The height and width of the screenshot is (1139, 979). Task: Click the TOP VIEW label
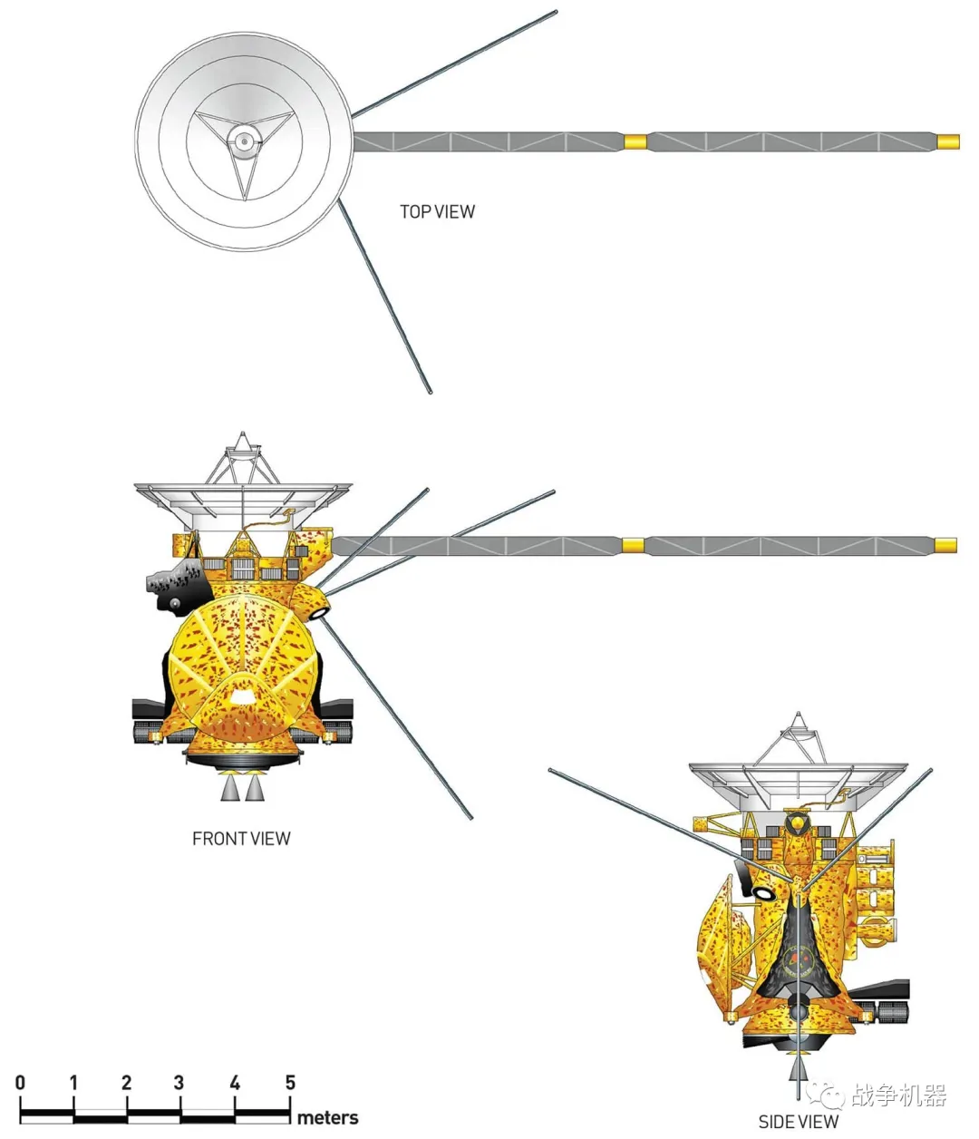[x=437, y=211]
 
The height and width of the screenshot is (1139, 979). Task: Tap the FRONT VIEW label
[x=241, y=839]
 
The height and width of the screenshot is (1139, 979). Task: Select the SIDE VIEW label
[x=798, y=1122]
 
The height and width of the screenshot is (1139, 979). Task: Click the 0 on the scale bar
[x=20, y=1082]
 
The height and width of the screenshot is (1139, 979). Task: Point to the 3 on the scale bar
[x=179, y=1082]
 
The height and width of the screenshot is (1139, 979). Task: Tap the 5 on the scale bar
[x=290, y=1082]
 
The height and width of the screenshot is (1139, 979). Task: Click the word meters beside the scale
[x=327, y=1117]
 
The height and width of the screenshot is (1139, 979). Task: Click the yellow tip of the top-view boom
[x=948, y=141]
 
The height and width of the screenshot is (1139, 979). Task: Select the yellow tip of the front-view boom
[x=945, y=544]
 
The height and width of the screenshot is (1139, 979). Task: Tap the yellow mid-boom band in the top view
[x=635, y=141]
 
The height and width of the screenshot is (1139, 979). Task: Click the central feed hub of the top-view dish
[x=243, y=141]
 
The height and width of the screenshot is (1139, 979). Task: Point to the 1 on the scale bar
[x=73, y=1082]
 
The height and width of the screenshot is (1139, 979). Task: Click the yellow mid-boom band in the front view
[x=632, y=545]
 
